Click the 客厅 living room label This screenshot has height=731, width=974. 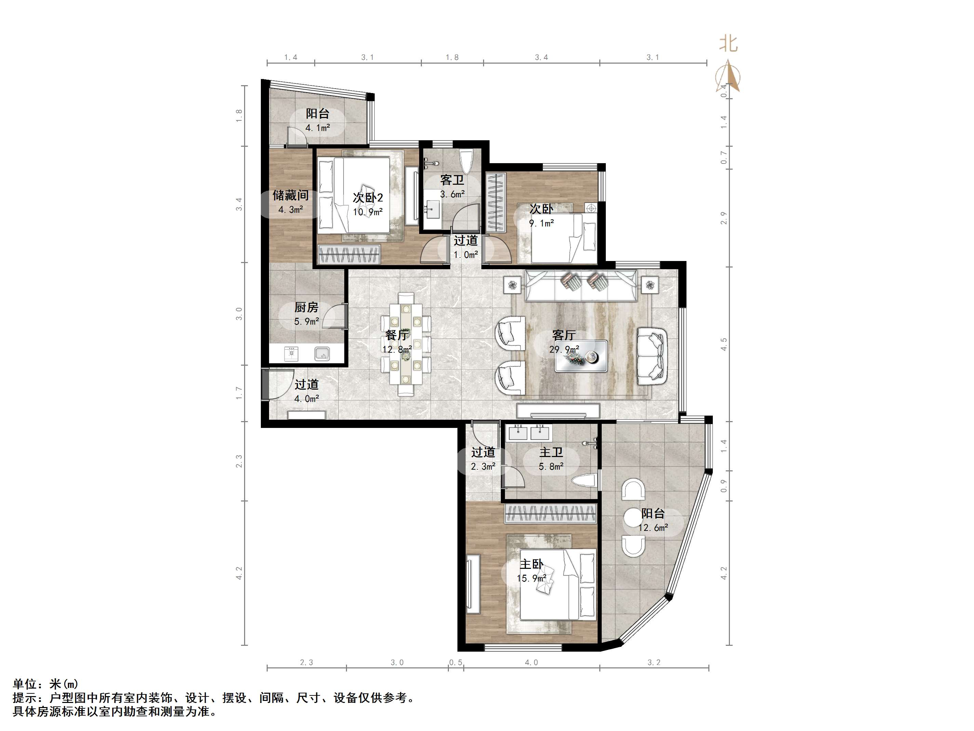coord(564,335)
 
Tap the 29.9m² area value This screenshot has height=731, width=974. coord(564,349)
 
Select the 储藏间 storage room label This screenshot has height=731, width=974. coord(291,195)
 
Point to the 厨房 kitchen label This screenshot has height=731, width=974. coord(306,307)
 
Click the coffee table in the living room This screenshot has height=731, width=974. coord(581,356)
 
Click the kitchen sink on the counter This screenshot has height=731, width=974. coord(322,353)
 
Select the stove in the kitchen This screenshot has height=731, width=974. coord(291,353)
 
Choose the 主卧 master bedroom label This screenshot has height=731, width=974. coord(532,564)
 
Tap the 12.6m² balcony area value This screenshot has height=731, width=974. coord(653,527)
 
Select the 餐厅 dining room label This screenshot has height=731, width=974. coord(397,335)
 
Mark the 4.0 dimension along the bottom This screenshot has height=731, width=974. coord(532,662)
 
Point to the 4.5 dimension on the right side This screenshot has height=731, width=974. coord(723,344)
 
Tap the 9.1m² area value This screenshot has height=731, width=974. coord(541,223)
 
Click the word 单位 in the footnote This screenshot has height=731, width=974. coord(25,684)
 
